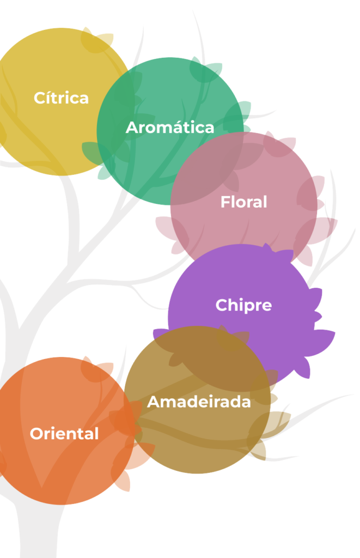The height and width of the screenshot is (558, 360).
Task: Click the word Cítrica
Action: (x=61, y=98)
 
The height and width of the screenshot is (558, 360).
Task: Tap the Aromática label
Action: (x=170, y=127)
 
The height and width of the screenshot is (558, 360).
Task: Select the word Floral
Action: (x=243, y=202)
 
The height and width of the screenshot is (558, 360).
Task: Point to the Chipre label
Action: (x=243, y=305)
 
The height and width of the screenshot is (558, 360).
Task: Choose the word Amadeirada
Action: (x=199, y=402)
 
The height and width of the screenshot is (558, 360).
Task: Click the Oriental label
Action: (x=64, y=433)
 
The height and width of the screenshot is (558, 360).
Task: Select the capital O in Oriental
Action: (x=37, y=433)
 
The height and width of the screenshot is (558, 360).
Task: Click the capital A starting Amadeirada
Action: (x=154, y=402)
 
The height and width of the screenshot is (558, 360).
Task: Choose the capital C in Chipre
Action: (x=222, y=305)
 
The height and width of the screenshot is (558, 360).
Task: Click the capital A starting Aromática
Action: (x=133, y=128)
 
